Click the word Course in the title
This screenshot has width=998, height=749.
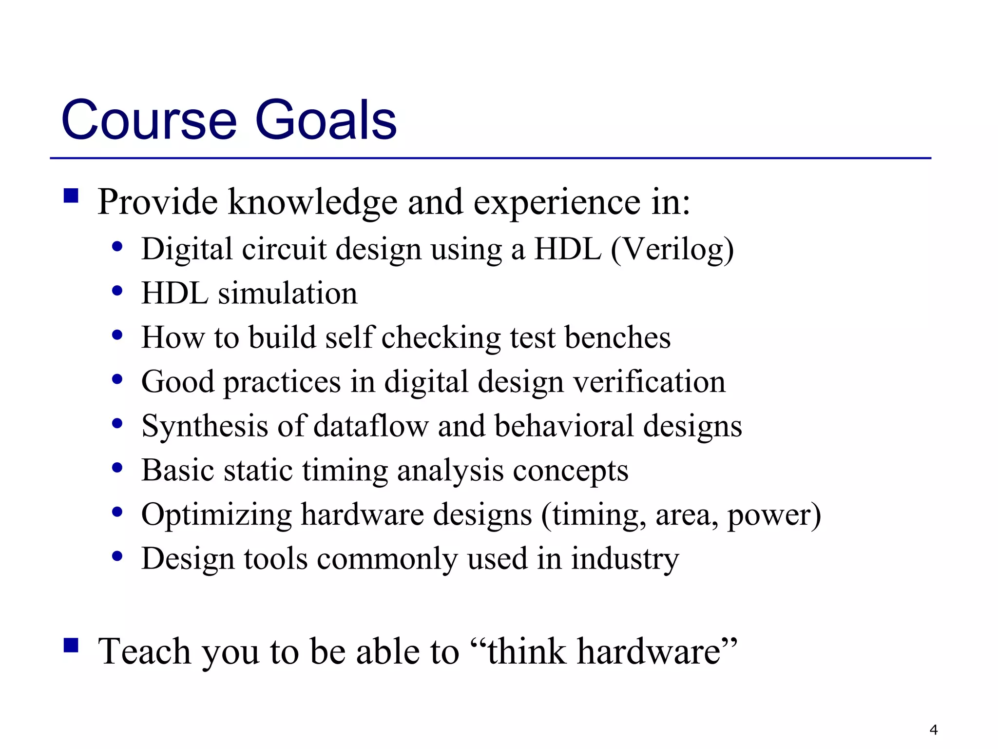pos(149,120)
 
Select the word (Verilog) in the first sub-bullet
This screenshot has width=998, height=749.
pos(672,250)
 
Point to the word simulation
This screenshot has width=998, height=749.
pos(288,294)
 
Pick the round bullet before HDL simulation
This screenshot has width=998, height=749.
pos(117,291)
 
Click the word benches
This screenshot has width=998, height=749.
pos(617,337)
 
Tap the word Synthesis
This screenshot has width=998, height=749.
pos(204,426)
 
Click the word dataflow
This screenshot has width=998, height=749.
pos(370,426)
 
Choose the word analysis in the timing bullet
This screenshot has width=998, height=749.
pos(450,471)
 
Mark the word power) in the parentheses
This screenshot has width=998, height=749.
pos(774,515)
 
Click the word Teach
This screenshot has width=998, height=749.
pos(144,651)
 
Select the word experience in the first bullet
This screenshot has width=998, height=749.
pos(557,202)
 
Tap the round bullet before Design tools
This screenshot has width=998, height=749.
pos(117,556)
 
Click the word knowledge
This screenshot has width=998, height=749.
pos(312,202)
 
